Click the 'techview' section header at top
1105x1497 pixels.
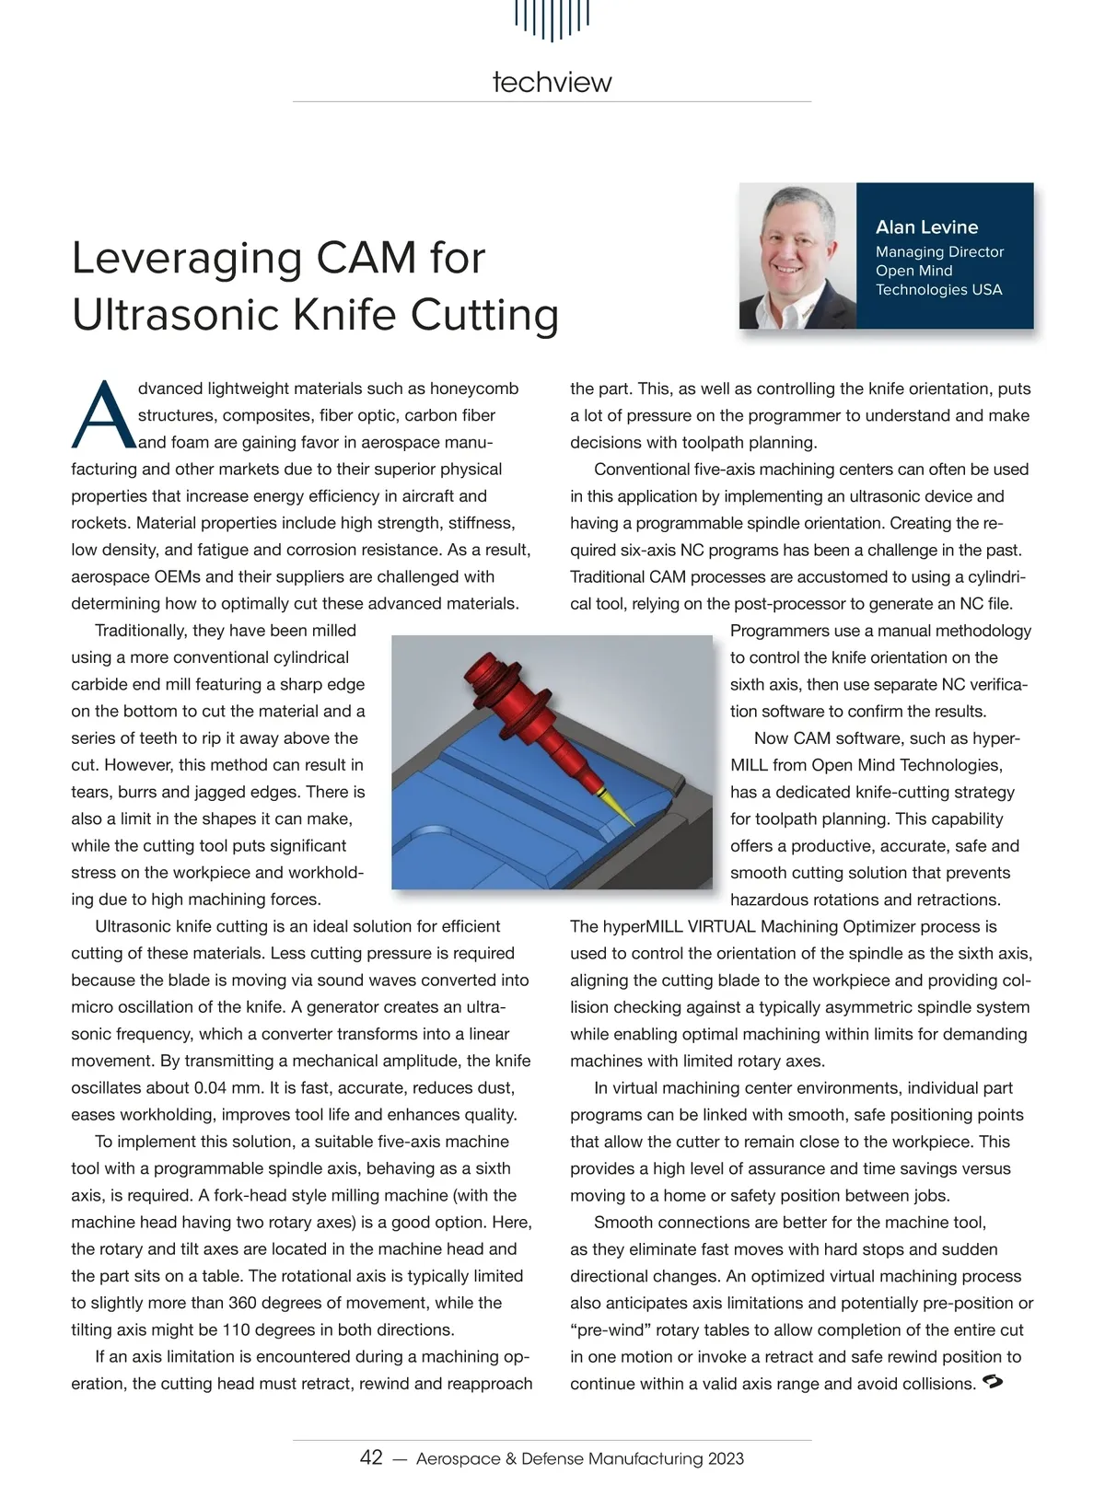(552, 82)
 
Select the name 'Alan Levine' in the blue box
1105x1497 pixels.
(926, 227)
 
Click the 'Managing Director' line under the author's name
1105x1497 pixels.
(939, 251)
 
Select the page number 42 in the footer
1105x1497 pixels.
(371, 1457)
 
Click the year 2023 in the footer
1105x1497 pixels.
(726, 1458)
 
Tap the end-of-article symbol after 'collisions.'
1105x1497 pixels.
(993, 1382)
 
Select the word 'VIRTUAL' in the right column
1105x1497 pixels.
(722, 926)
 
